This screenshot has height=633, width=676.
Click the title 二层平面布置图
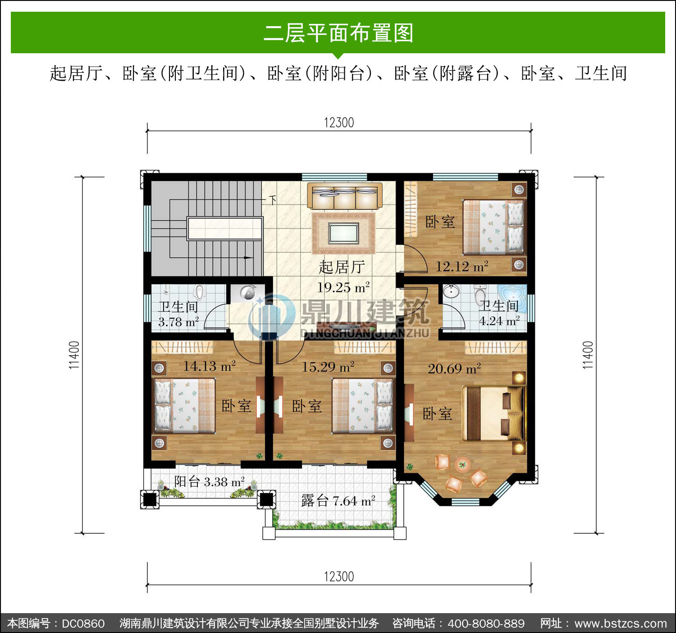tap(338, 33)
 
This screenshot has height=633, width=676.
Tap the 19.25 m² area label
tap(343, 288)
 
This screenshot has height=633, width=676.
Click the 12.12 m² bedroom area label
tap(462, 266)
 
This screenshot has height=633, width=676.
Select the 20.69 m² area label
tap(454, 369)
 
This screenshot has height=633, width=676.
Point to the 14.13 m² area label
tap(210, 366)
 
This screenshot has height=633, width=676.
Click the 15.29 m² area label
tap(328, 367)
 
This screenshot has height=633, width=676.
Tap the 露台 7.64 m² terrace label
tap(338, 501)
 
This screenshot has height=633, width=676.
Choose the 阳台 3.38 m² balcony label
tap(210, 482)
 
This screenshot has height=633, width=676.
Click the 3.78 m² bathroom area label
tap(178, 322)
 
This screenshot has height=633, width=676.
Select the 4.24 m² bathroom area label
tap(499, 321)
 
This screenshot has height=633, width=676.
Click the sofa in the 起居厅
tap(344, 196)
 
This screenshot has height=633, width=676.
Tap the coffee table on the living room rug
tap(344, 233)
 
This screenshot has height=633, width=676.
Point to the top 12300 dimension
tap(339, 123)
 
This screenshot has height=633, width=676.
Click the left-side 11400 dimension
tap(74, 355)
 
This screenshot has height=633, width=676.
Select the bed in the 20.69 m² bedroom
tap(493, 413)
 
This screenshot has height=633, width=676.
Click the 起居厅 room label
tap(342, 267)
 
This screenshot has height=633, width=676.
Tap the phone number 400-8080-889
tap(486, 624)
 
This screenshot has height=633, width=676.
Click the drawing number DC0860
tap(83, 624)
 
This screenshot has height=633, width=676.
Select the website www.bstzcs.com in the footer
tap(621, 624)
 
